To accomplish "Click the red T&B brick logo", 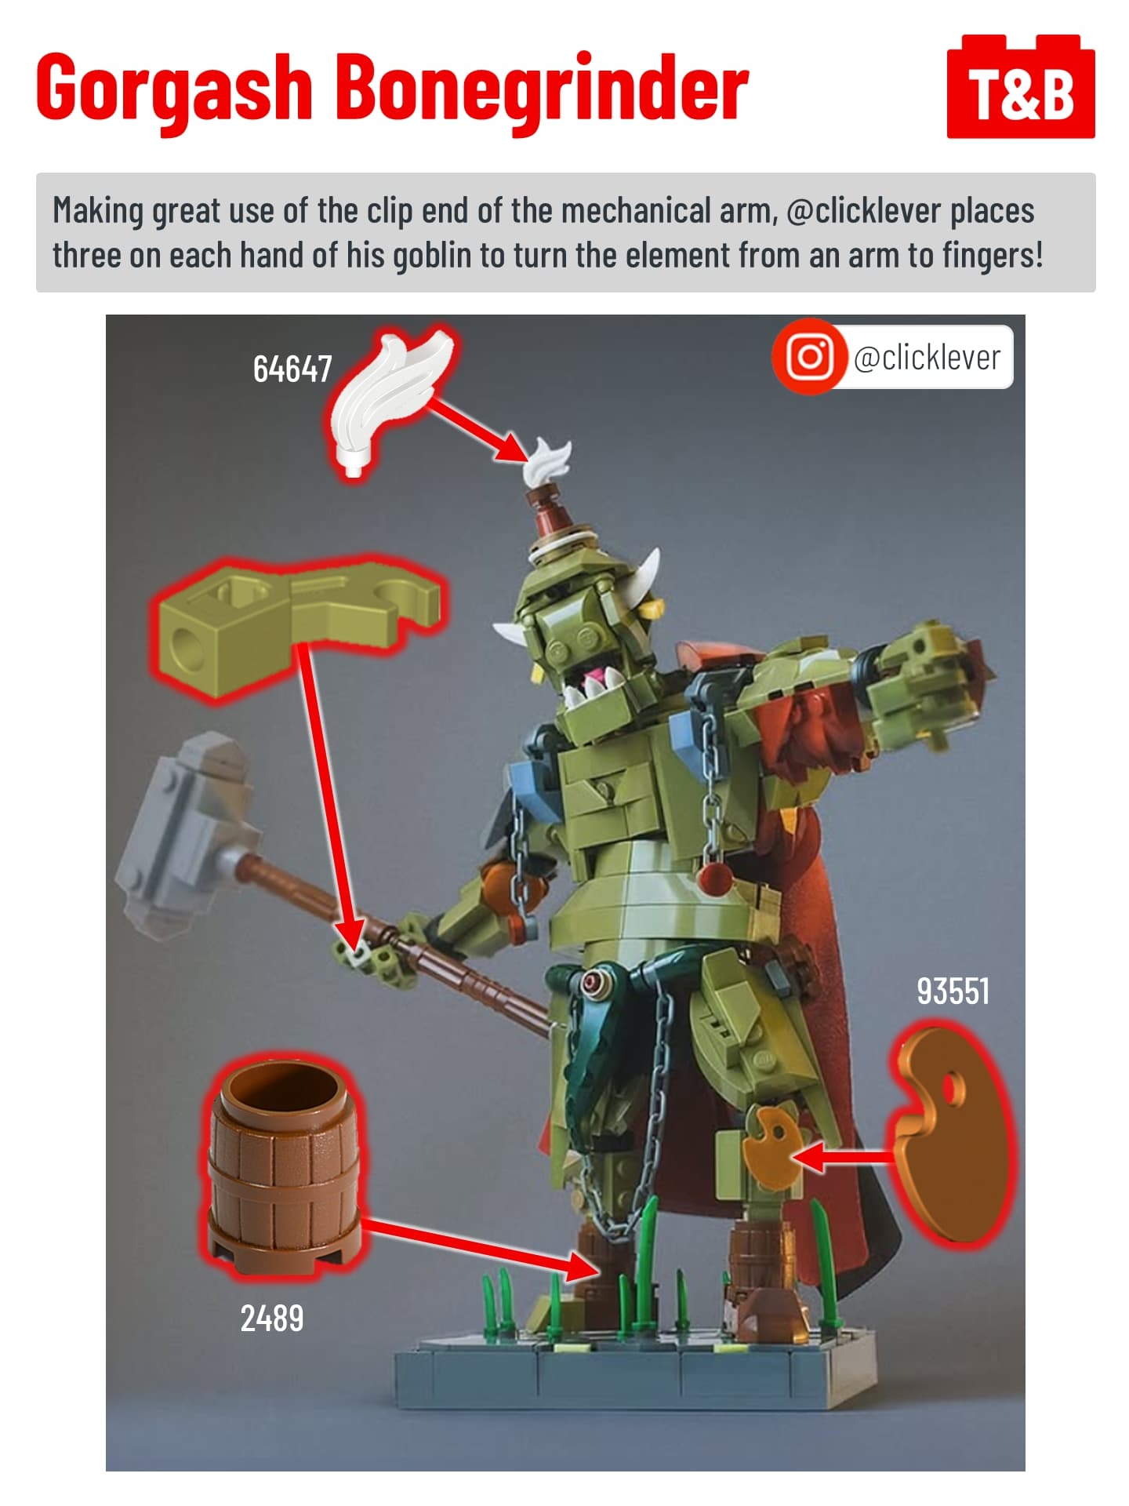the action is [x=1021, y=87].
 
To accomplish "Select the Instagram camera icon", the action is [x=810, y=357].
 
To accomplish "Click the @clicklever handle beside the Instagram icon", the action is [x=927, y=358].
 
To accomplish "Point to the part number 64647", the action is [x=292, y=369].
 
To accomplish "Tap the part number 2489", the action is [x=271, y=1318].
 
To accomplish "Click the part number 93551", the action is [x=953, y=991].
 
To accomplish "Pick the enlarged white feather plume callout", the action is [x=387, y=401].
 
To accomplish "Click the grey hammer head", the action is [x=187, y=832].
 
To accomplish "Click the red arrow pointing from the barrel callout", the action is [x=481, y=1249].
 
